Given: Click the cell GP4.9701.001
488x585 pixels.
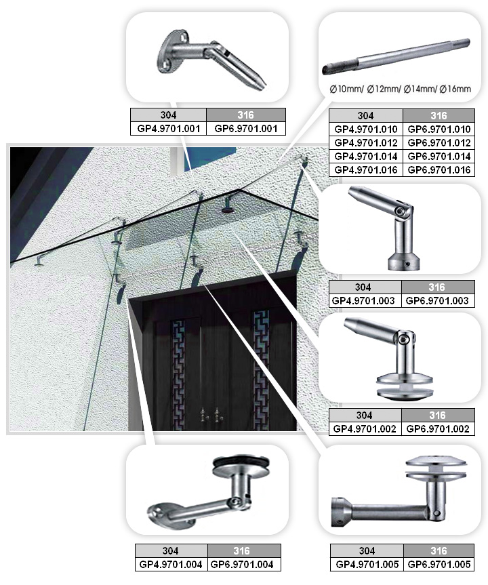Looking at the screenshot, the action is tap(169, 128).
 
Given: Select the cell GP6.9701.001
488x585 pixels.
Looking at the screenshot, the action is tap(246, 128).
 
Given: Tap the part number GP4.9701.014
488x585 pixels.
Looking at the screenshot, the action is tap(365, 157).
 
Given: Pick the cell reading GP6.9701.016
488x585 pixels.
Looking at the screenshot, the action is tap(439, 169).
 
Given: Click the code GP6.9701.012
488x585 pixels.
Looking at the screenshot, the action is tap(439, 142).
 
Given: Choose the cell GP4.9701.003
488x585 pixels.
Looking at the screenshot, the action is tap(363, 301).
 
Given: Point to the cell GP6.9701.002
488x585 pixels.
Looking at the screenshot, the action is tap(438, 428).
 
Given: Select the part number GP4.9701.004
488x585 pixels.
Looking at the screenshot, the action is tap(171, 564).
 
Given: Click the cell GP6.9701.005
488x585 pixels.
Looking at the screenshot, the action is tap(439, 564).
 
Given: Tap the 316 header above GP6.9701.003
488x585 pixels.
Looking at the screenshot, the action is tap(437, 287).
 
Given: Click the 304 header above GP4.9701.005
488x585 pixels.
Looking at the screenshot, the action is tap(367, 550).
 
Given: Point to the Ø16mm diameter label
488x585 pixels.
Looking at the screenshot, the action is tap(455, 89).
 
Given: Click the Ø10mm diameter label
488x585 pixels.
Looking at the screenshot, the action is tap(346, 89).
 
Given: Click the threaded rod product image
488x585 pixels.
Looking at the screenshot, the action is tap(396, 56).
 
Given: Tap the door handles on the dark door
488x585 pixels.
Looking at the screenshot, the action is tap(209, 414).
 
